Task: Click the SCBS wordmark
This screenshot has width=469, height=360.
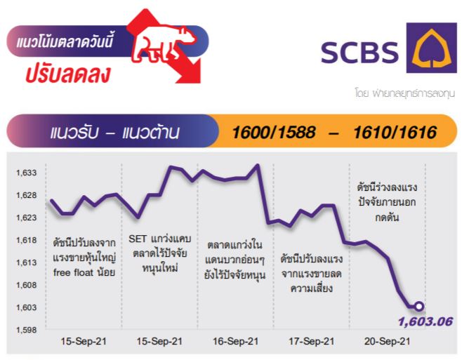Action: click(360, 53)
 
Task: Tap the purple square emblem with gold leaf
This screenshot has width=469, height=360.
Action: click(431, 48)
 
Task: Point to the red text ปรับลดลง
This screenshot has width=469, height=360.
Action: click(68, 74)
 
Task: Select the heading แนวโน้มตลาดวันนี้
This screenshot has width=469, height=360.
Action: click(65, 41)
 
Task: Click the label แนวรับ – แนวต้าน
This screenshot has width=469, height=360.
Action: click(115, 133)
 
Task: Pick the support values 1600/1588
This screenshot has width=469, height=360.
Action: click(274, 132)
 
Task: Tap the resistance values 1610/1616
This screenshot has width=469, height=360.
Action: click(395, 132)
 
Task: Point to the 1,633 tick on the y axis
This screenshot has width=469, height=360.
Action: click(26, 173)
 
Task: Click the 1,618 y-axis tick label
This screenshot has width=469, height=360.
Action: click(26, 240)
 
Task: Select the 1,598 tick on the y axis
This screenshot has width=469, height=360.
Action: click(26, 330)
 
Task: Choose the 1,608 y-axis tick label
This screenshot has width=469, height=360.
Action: click(26, 285)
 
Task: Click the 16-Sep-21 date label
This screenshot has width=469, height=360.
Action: click(236, 341)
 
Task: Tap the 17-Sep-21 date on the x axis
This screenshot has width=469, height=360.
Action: click(311, 341)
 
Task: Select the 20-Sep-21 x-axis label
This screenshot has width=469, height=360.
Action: click(388, 341)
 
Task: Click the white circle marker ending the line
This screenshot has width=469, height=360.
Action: click(419, 306)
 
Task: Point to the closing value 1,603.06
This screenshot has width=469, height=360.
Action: click(425, 321)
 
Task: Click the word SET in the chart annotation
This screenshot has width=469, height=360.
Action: click(138, 239)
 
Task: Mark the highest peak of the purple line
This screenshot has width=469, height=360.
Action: click(257, 165)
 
